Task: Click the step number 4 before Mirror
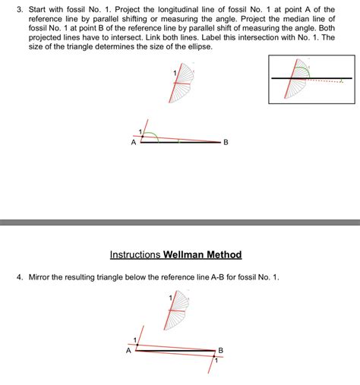[20, 277]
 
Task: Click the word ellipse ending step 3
[197, 47]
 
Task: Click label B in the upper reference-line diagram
[226, 142]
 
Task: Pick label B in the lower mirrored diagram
[221, 349]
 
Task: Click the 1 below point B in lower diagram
[216, 359]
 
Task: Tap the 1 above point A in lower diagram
[135, 338]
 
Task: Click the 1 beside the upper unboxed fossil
[175, 72]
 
